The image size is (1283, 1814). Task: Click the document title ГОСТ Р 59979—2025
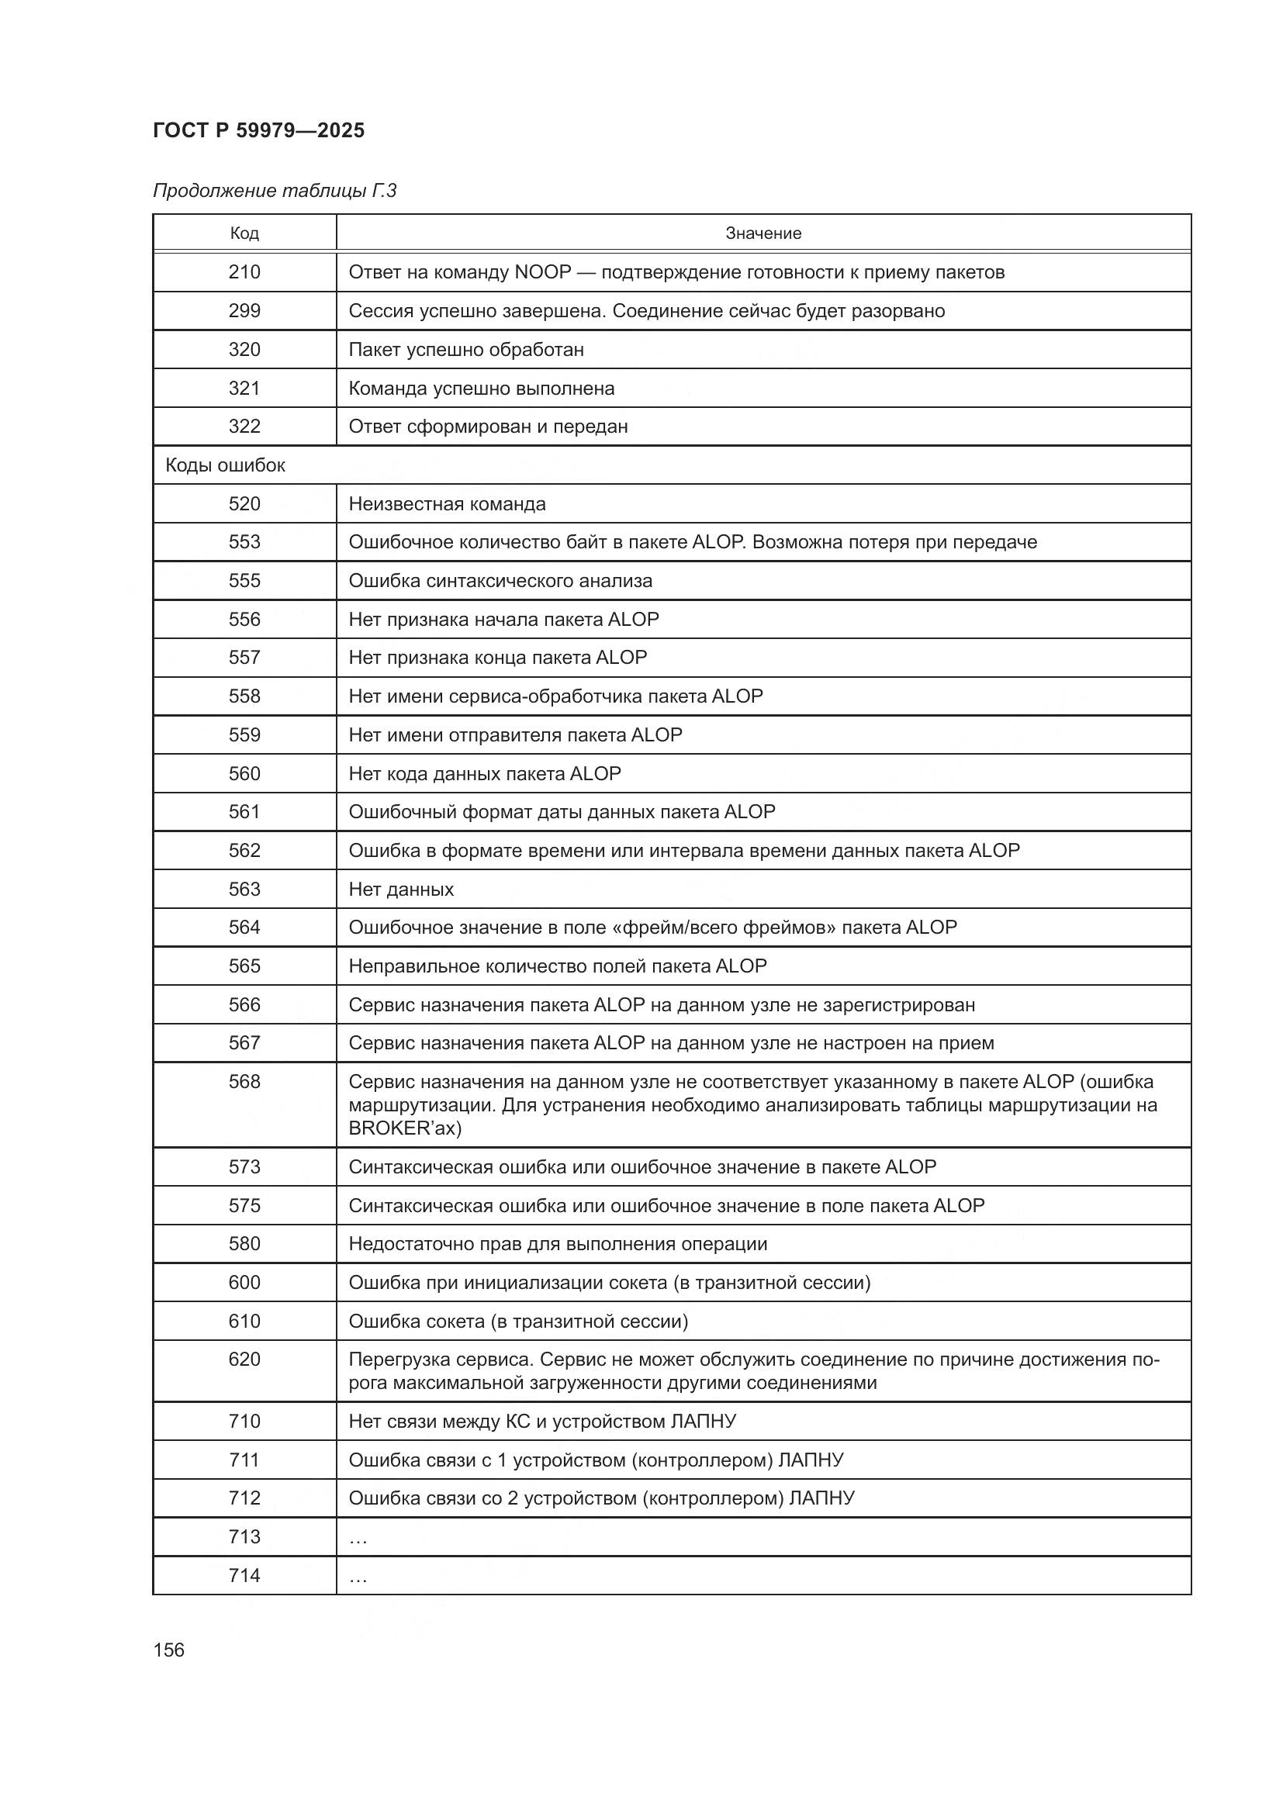pos(258,130)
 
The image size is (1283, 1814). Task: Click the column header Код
pos(244,233)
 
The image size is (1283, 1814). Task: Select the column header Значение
pos(763,233)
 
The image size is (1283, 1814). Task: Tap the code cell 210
pos(244,271)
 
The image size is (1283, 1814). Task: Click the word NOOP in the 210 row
pos(542,271)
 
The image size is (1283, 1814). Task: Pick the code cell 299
pos(244,310)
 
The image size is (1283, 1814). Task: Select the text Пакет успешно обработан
pos(466,349)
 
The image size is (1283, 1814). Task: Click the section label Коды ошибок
pos(225,465)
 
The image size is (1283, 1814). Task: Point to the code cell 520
pos(244,504)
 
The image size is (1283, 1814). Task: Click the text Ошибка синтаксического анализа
pos(500,581)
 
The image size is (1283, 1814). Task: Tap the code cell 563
pos(244,889)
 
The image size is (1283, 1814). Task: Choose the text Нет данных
pos(401,890)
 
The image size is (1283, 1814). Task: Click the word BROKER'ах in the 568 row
pos(404,1128)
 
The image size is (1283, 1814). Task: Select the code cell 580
pos(244,1243)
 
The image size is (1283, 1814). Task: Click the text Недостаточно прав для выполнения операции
pos(558,1243)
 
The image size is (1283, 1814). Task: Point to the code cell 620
pos(244,1359)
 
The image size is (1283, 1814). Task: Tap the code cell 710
pos(244,1422)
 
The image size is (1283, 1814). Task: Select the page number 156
pos(168,1650)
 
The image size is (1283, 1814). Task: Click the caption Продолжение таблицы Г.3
pos(274,191)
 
